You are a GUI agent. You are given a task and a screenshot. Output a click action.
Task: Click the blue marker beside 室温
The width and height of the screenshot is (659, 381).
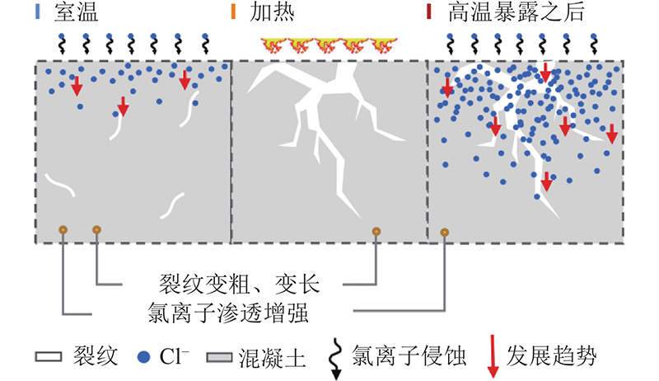(x=38, y=12)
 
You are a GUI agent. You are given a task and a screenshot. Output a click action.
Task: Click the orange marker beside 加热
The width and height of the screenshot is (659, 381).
(x=233, y=12)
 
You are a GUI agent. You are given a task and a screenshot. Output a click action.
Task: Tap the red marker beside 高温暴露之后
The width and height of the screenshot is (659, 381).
(x=428, y=12)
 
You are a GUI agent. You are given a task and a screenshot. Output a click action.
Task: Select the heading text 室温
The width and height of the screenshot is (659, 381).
(x=76, y=12)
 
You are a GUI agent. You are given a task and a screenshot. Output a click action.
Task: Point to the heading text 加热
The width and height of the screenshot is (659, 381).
(x=272, y=12)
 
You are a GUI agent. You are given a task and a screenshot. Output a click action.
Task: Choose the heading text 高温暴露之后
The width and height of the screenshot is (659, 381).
(x=516, y=12)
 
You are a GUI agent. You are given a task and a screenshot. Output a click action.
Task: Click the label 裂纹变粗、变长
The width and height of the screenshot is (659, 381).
(x=239, y=284)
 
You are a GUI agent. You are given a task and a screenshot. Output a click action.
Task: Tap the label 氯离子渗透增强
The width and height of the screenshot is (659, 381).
(x=228, y=313)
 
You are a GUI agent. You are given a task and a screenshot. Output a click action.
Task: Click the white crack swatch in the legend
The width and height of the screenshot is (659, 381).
(x=49, y=357)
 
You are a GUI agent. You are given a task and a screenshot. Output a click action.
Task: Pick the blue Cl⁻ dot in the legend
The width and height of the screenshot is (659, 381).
(x=143, y=357)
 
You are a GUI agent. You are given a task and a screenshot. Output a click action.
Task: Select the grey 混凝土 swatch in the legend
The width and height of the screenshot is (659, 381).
(x=219, y=357)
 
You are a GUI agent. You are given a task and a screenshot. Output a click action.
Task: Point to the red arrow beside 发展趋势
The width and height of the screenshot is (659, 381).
(x=493, y=356)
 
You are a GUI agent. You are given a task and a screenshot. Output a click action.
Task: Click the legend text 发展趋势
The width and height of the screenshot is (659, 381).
(x=551, y=356)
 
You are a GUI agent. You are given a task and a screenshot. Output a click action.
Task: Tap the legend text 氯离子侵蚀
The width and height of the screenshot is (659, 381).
(x=409, y=356)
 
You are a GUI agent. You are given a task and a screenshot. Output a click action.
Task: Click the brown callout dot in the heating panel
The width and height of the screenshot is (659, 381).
(x=376, y=231)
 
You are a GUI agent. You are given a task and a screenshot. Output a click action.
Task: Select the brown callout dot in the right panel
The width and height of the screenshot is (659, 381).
(x=444, y=232)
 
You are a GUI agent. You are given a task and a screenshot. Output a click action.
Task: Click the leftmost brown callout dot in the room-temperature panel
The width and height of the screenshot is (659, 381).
(x=63, y=229)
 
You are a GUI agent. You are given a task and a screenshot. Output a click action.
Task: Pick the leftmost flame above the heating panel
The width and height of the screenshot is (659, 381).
(x=274, y=45)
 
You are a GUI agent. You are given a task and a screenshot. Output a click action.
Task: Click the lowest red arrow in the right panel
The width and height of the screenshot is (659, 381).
(x=546, y=181)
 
